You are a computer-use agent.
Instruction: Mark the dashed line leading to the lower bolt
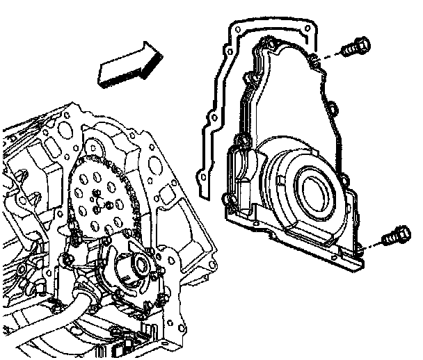point(372,243)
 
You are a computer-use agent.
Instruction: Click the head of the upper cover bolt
point(362,46)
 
